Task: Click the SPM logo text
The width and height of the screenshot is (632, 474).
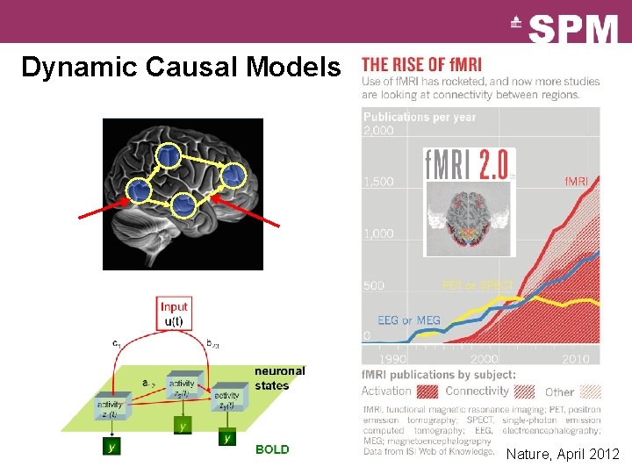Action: pyautogui.click(x=573, y=29)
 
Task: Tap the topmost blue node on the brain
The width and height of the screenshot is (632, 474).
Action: pyautogui.click(x=169, y=155)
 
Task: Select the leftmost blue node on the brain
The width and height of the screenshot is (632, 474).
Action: pyautogui.click(x=138, y=190)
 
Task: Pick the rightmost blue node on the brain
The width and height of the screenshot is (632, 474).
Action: pyautogui.click(x=232, y=176)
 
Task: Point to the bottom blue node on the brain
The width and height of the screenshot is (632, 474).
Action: pyautogui.click(x=183, y=205)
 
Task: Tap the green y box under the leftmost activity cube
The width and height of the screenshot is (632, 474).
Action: pyautogui.click(x=111, y=445)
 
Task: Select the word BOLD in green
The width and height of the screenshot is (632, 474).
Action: pyautogui.click(x=271, y=449)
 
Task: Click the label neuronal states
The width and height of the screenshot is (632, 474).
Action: pyautogui.click(x=279, y=377)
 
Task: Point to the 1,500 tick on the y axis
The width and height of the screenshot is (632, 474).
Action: pyautogui.click(x=380, y=182)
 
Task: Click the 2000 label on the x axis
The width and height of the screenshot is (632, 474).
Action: pyautogui.click(x=484, y=359)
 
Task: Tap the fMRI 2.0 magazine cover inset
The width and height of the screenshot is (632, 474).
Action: pyautogui.click(x=470, y=201)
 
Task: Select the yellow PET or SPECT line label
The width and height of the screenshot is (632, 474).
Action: pyautogui.click(x=477, y=285)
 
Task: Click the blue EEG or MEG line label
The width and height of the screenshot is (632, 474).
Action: pyautogui.click(x=408, y=320)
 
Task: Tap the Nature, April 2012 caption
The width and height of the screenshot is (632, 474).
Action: pyautogui.click(x=563, y=454)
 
